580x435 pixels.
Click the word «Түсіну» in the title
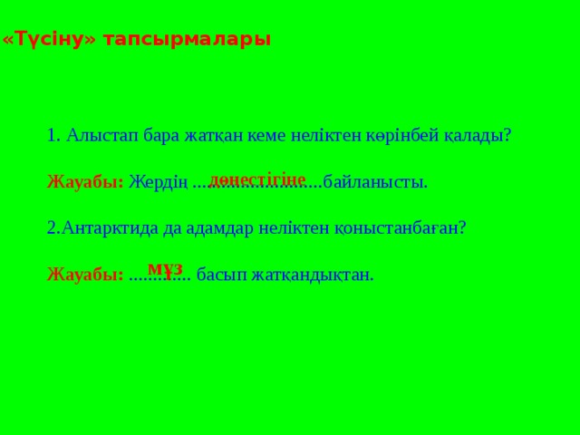[49, 41]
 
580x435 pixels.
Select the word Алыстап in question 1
[100, 136]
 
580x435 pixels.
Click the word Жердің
[158, 182]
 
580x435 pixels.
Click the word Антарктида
[108, 228]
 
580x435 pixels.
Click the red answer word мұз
[165, 268]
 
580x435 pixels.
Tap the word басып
[218, 275]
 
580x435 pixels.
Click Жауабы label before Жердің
[84, 182]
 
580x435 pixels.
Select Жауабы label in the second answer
[84, 275]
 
